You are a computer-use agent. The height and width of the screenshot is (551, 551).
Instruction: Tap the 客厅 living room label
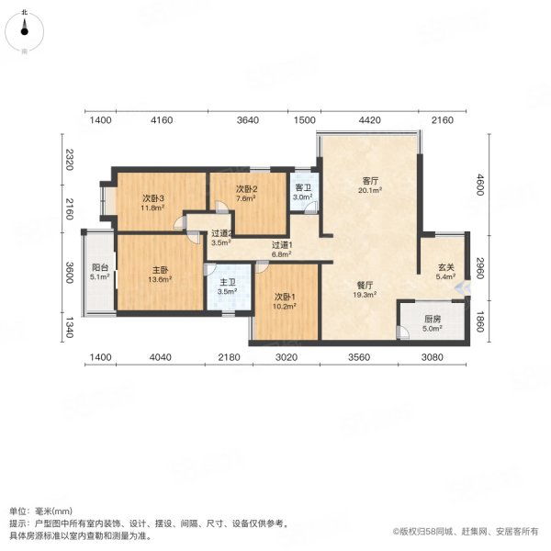pyautogui.click(x=370, y=181)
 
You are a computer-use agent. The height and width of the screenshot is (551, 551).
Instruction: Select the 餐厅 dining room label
pyautogui.click(x=365, y=285)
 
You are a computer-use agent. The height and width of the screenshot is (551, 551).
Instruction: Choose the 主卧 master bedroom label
pyautogui.click(x=160, y=270)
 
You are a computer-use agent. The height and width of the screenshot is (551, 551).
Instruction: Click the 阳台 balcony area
pyautogui.click(x=98, y=275)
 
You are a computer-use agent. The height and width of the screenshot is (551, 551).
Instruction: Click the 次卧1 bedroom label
pyautogui.click(x=286, y=297)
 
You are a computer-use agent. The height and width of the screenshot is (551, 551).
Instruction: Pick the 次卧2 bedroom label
pyautogui.click(x=246, y=189)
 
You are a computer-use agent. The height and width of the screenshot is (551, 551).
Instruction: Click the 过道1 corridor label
pyautogui.click(x=282, y=244)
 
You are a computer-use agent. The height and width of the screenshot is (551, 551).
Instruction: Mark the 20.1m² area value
pyautogui.click(x=370, y=191)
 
